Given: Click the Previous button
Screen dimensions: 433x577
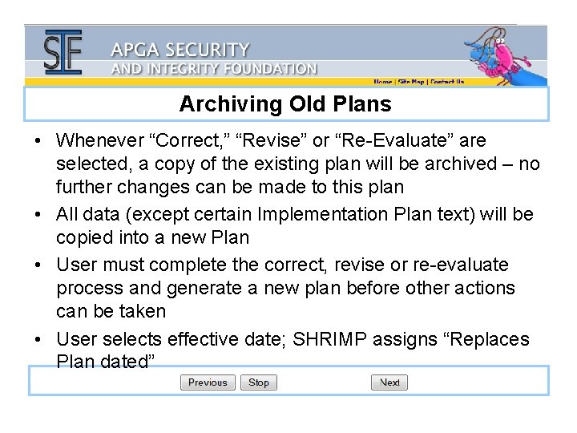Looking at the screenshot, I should (208, 382).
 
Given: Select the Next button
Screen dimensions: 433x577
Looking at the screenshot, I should (389, 382).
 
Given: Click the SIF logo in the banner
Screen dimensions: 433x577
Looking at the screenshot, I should (63, 53).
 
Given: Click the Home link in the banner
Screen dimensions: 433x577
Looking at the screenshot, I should (383, 82).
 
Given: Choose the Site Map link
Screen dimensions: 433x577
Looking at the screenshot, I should (411, 82).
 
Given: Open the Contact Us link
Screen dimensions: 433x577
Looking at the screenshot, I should (447, 82).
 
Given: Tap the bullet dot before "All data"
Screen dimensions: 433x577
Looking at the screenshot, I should (38, 215).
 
